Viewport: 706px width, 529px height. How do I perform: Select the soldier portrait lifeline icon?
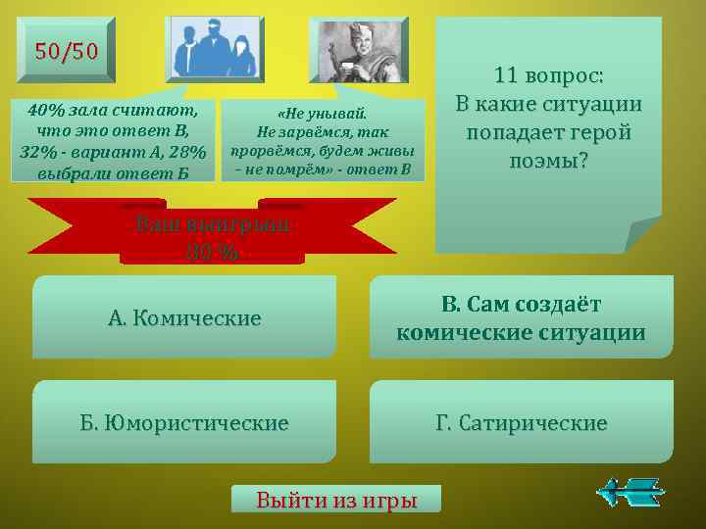pos(357,49)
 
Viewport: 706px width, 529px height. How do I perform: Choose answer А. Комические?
pos(184,318)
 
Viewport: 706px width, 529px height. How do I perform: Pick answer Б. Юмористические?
pos(184,423)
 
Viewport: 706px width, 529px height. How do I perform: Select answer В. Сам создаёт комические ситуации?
pos(521,318)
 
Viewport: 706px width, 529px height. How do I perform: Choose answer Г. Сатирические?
pos(521,423)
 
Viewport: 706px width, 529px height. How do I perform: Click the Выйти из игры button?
pos(336,500)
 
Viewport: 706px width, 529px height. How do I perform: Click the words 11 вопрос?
pos(549,75)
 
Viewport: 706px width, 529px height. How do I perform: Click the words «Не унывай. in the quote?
pos(324,114)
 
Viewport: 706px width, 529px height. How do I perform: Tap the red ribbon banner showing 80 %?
pos(212,236)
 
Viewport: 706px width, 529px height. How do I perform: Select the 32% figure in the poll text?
pos(39,151)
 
